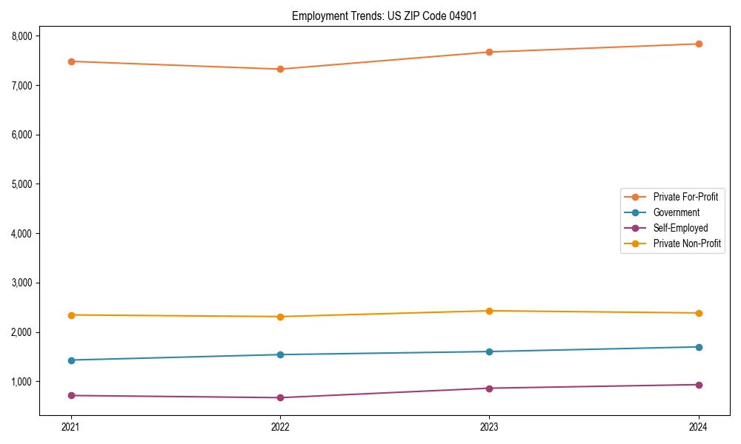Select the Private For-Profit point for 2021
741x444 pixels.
(71, 61)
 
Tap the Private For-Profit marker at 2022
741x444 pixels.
(280, 69)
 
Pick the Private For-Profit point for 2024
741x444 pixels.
(699, 44)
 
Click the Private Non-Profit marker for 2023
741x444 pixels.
(489, 311)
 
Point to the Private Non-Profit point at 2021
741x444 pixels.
(71, 315)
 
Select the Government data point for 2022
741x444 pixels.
(280, 354)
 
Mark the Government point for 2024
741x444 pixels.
(699, 347)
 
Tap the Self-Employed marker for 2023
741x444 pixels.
(489, 388)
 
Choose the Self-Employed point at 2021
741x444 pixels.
(71, 395)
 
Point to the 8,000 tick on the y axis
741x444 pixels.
(21, 36)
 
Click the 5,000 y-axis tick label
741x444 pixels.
(21, 184)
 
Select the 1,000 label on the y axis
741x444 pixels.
(21, 382)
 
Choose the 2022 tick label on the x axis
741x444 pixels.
(280, 427)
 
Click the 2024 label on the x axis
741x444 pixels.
(699, 427)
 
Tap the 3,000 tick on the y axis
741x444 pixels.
(21, 283)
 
